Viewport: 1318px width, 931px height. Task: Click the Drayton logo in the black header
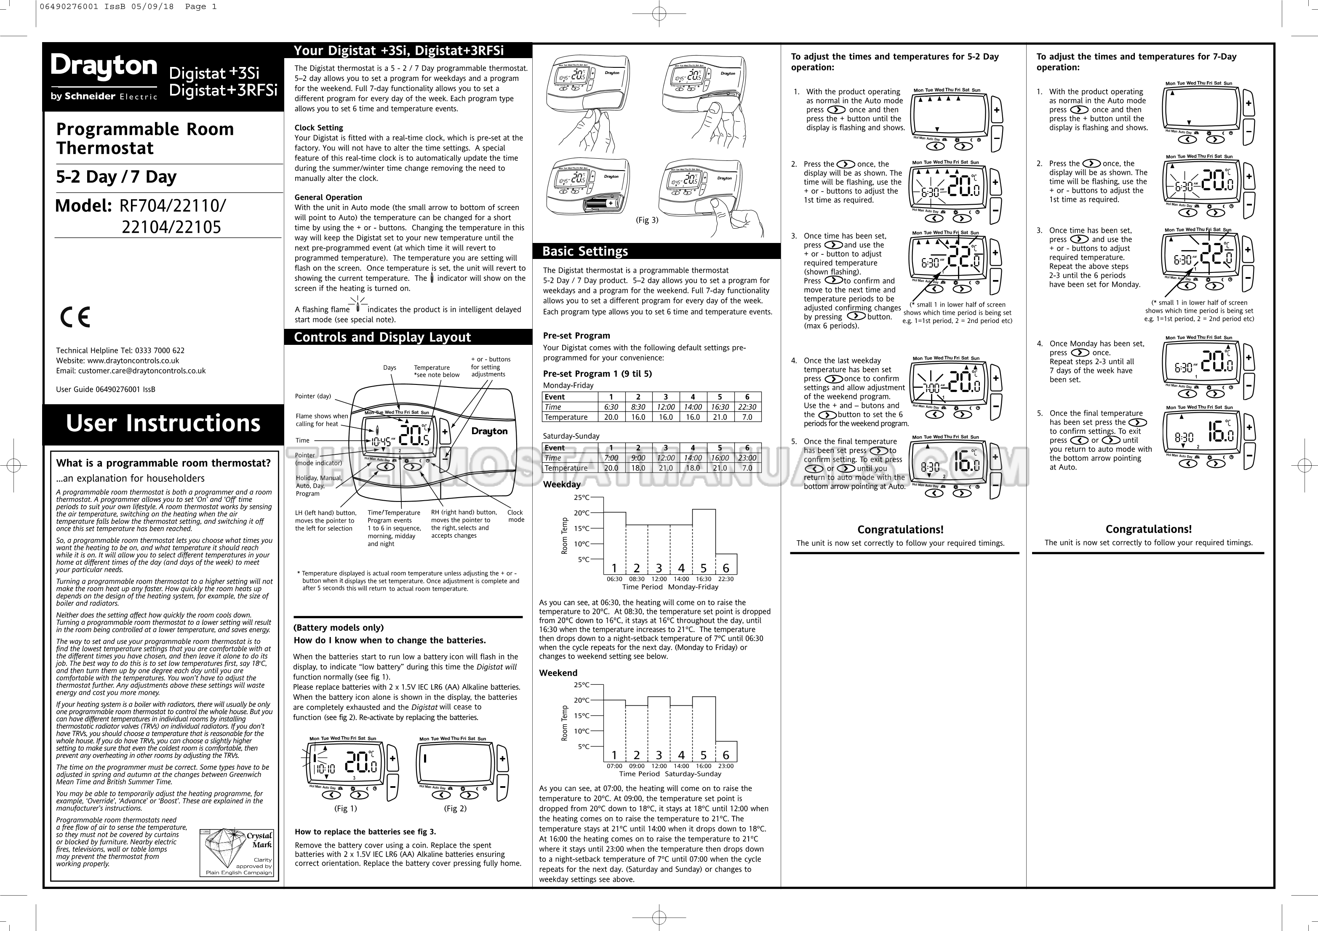(x=104, y=68)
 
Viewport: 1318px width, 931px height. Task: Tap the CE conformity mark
(x=75, y=317)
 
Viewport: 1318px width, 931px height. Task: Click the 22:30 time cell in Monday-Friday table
(x=747, y=407)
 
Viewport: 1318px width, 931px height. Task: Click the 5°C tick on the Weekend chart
(x=583, y=747)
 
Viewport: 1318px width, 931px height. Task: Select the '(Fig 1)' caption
(x=346, y=808)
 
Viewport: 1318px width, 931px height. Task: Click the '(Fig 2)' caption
(x=455, y=808)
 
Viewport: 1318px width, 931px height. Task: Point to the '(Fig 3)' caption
(x=647, y=220)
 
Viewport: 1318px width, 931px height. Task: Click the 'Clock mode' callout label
(x=515, y=516)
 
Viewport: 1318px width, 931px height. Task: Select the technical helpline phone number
(x=160, y=351)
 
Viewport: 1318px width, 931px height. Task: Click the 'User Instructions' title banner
(x=163, y=424)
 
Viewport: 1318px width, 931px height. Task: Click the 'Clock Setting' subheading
(x=319, y=128)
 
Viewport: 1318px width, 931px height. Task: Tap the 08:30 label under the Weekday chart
(x=637, y=579)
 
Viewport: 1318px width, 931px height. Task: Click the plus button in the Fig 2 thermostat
(x=502, y=759)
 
